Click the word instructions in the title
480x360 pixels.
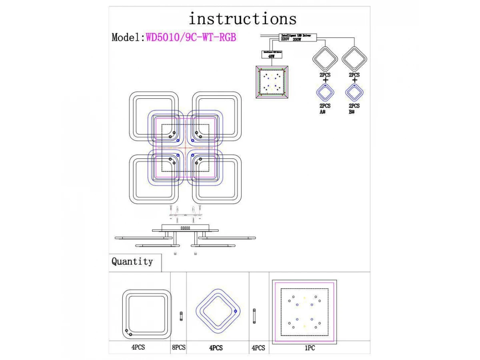(242, 19)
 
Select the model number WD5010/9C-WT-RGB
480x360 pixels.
(191, 37)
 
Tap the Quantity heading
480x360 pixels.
(132, 262)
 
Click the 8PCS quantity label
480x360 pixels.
(178, 348)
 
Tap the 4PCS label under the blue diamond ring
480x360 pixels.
(216, 348)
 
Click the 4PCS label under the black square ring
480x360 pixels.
(138, 348)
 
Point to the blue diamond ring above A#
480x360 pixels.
(325, 93)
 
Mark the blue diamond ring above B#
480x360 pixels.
(354, 93)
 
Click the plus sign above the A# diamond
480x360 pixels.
(325, 80)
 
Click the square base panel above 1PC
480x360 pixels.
(304, 312)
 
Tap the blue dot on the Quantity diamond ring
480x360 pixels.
(235, 311)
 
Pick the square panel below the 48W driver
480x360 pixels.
(272, 82)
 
